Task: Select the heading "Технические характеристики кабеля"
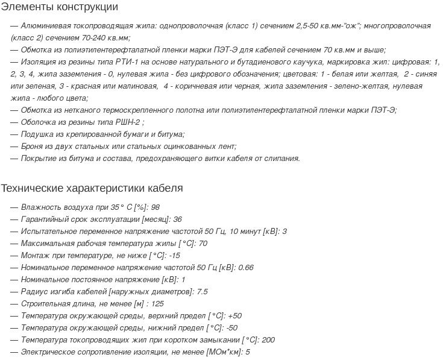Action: coord(92,188)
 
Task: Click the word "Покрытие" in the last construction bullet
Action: coord(39,158)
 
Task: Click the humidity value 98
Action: coord(156,207)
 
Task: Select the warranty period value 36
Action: coord(178,219)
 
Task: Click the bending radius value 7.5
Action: coord(203,291)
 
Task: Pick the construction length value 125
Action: coord(158,303)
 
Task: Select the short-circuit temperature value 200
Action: coord(268,339)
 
